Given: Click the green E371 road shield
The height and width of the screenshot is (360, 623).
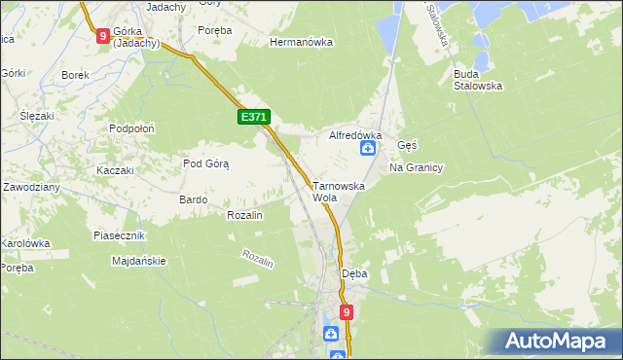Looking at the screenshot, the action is pyautogui.click(x=253, y=118).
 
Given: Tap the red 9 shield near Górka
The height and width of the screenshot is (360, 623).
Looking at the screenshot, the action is pyautogui.click(x=103, y=36).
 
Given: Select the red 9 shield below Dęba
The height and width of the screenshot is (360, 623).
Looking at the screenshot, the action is pyautogui.click(x=346, y=311).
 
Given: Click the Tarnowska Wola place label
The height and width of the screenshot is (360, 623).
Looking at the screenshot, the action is pyautogui.click(x=338, y=191).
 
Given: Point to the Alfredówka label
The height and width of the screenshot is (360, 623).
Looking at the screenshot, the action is pyautogui.click(x=355, y=135).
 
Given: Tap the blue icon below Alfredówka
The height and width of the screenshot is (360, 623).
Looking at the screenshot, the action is pyautogui.click(x=369, y=148).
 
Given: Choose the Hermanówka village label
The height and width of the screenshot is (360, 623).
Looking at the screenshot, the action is pyautogui.click(x=302, y=43).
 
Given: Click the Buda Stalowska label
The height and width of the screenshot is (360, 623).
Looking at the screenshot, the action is pyautogui.click(x=477, y=79).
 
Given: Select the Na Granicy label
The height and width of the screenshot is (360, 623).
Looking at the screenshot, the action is pyautogui.click(x=416, y=167).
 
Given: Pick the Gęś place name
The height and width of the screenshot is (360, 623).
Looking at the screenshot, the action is pyautogui.click(x=407, y=144).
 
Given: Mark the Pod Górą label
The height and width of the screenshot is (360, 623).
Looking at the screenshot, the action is pyautogui.click(x=205, y=163).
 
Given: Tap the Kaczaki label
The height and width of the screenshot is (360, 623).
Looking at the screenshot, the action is pyautogui.click(x=114, y=170).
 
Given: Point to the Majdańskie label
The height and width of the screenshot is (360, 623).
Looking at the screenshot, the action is pyautogui.click(x=139, y=261).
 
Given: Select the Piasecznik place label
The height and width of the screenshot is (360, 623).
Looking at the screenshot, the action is pyautogui.click(x=119, y=236).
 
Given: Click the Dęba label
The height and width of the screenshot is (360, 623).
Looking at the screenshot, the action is pyautogui.click(x=354, y=273).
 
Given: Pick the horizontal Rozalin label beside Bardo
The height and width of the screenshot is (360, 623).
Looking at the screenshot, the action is pyautogui.click(x=244, y=215).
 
